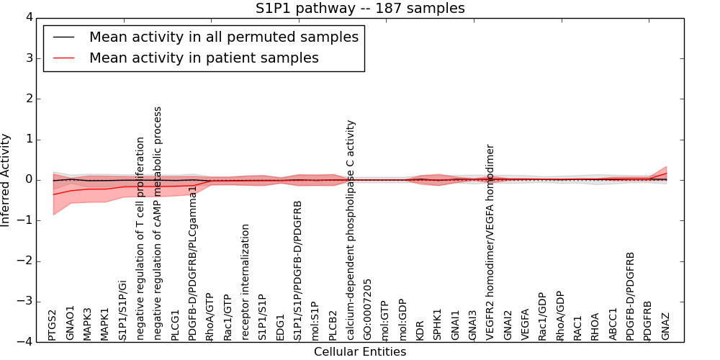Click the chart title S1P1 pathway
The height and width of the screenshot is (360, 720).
click(x=360, y=8)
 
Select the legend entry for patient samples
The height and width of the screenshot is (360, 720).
click(x=204, y=58)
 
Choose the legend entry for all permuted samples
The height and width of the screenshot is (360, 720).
click(x=223, y=37)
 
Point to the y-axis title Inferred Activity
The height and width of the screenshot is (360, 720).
click(x=6, y=179)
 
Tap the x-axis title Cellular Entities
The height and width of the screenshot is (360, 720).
click(x=360, y=351)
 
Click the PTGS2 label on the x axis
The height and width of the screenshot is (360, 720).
click(x=53, y=325)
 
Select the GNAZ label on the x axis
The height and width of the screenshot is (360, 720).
click(x=666, y=325)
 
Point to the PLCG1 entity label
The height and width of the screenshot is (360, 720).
click(x=175, y=325)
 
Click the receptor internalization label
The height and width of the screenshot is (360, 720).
click(x=246, y=282)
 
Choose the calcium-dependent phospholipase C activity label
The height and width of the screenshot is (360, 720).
click(x=351, y=230)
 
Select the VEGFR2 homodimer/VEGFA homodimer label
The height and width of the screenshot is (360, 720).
click(x=491, y=242)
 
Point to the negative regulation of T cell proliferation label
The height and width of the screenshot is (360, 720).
click(x=140, y=238)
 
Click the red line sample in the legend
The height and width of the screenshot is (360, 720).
click(x=63, y=58)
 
